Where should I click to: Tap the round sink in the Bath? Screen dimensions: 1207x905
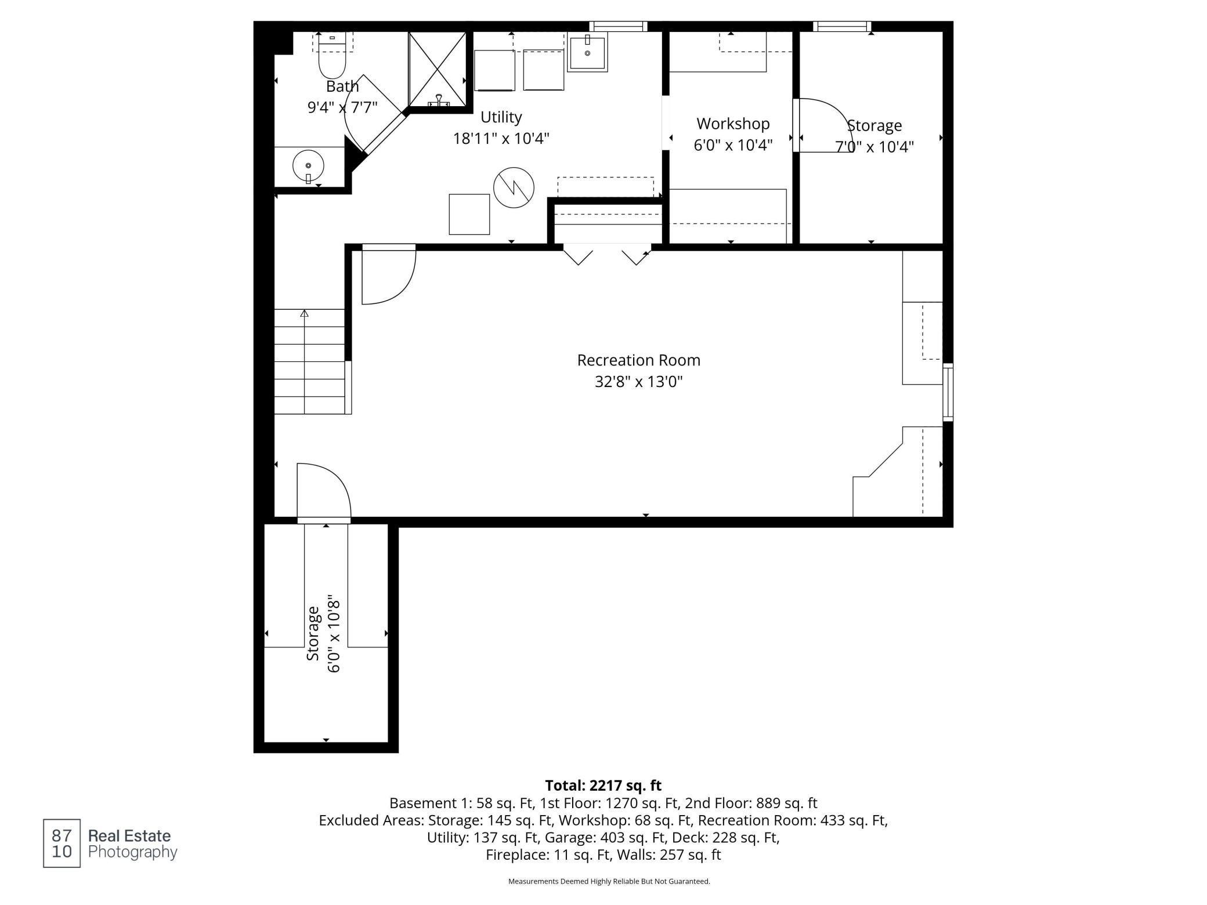pos(308,166)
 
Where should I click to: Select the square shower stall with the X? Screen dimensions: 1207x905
pos(438,70)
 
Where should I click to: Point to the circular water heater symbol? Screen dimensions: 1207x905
pos(514,187)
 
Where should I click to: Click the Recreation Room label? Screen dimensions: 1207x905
pos(638,360)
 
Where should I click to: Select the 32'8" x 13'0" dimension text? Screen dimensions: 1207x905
pos(638,382)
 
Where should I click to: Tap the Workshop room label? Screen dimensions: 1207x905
pos(733,124)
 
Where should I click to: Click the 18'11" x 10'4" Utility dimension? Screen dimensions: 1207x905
pos(501,139)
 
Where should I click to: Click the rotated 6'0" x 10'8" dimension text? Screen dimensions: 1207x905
pos(334,633)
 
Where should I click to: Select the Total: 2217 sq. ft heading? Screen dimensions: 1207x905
pos(603,785)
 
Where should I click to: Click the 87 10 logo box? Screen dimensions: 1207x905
pos(62,843)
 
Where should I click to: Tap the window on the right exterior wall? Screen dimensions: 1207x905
pos(948,392)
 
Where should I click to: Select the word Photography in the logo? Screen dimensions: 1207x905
pos(132,852)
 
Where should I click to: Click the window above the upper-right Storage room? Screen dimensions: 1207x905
pos(842,26)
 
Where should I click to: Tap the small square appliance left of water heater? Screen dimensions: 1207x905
pos(469,214)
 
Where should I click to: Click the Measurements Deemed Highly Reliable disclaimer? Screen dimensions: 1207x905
pos(609,881)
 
